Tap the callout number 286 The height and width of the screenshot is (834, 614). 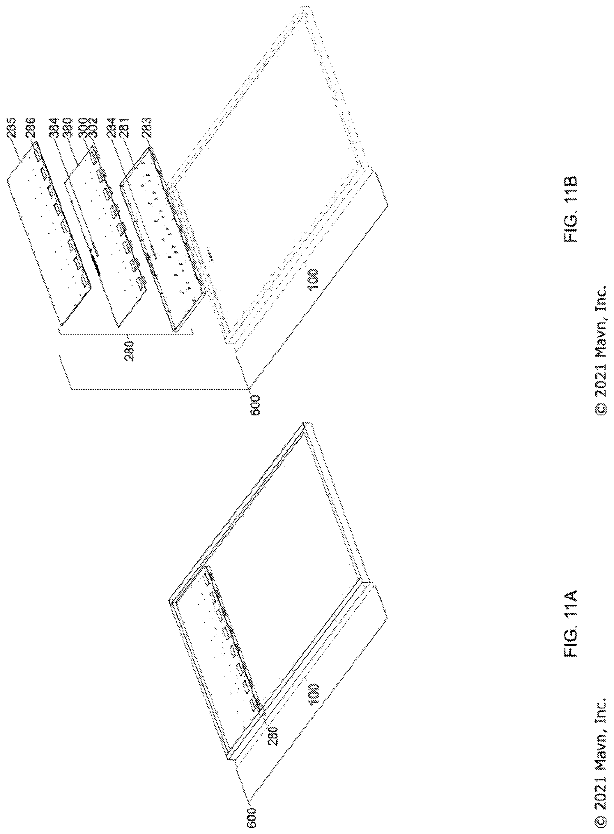pos(31,128)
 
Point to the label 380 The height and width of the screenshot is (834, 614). pos(67,128)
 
